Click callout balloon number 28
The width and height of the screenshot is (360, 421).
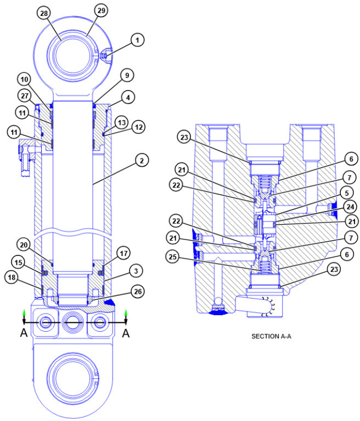[43, 12]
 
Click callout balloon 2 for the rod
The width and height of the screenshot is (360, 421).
[141, 161]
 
